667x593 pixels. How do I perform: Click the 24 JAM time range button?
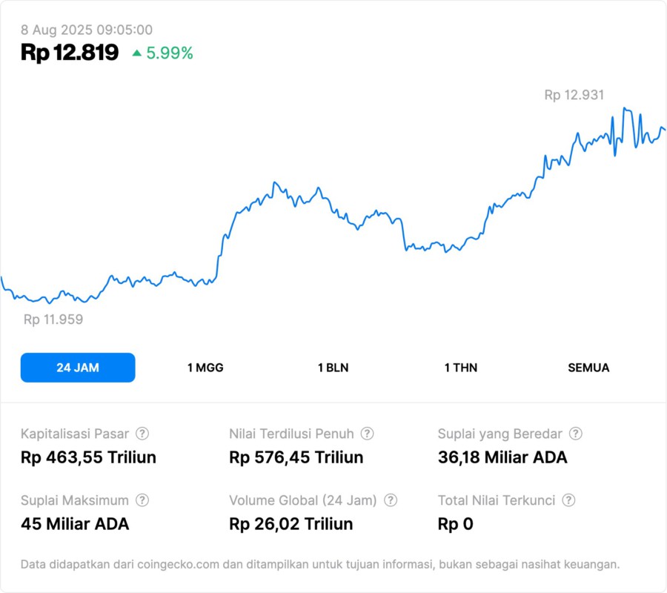[x=78, y=368]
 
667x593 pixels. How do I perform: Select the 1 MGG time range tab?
[x=205, y=368]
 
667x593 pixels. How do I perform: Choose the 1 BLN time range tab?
[x=333, y=368]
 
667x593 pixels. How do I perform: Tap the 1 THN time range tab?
[x=461, y=368]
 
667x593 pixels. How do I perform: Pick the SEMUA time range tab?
[x=588, y=368]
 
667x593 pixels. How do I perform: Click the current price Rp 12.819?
[x=70, y=53]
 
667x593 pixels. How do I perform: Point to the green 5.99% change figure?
[x=170, y=53]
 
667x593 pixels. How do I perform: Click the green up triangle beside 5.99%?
[x=136, y=53]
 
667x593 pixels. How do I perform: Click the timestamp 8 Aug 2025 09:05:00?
[x=87, y=30]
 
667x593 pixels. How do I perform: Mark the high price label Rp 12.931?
[x=574, y=95]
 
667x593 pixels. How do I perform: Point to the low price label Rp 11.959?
[x=53, y=319]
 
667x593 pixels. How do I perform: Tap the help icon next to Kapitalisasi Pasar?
[x=142, y=434]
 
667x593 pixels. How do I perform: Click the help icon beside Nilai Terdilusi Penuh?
[x=367, y=434]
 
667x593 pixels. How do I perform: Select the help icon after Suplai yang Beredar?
[x=575, y=434]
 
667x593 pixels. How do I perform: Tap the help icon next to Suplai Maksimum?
[x=142, y=500]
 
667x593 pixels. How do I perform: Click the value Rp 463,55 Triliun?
[x=88, y=457]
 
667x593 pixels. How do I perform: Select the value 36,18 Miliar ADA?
[x=502, y=457]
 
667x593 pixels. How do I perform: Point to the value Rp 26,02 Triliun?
[x=291, y=524]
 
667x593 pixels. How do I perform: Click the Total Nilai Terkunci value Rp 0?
[x=455, y=524]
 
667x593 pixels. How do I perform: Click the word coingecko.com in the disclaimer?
[x=176, y=565]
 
